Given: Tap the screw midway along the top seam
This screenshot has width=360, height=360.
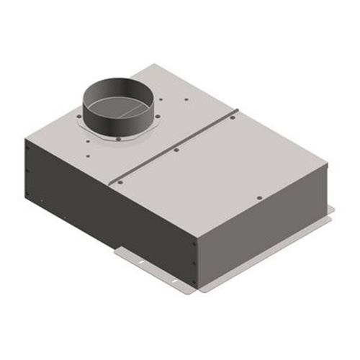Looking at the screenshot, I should (x=176, y=150).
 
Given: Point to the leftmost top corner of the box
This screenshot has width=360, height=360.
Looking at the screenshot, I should (x=27, y=139).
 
